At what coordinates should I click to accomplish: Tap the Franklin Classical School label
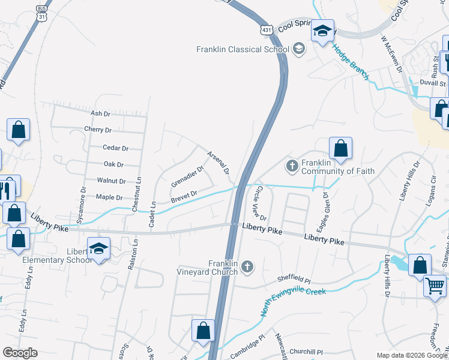click(x=239, y=49)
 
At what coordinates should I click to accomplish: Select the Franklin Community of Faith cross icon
click(x=292, y=165)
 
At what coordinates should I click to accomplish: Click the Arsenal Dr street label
click(x=218, y=163)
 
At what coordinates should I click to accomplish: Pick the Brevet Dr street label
click(x=184, y=196)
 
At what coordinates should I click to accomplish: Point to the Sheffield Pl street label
click(x=294, y=280)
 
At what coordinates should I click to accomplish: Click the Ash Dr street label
click(x=100, y=113)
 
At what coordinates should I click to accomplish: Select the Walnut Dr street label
click(x=111, y=181)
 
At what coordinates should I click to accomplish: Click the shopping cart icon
click(x=434, y=285)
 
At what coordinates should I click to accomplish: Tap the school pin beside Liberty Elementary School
click(x=98, y=248)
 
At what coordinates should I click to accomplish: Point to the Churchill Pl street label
click(x=306, y=352)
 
